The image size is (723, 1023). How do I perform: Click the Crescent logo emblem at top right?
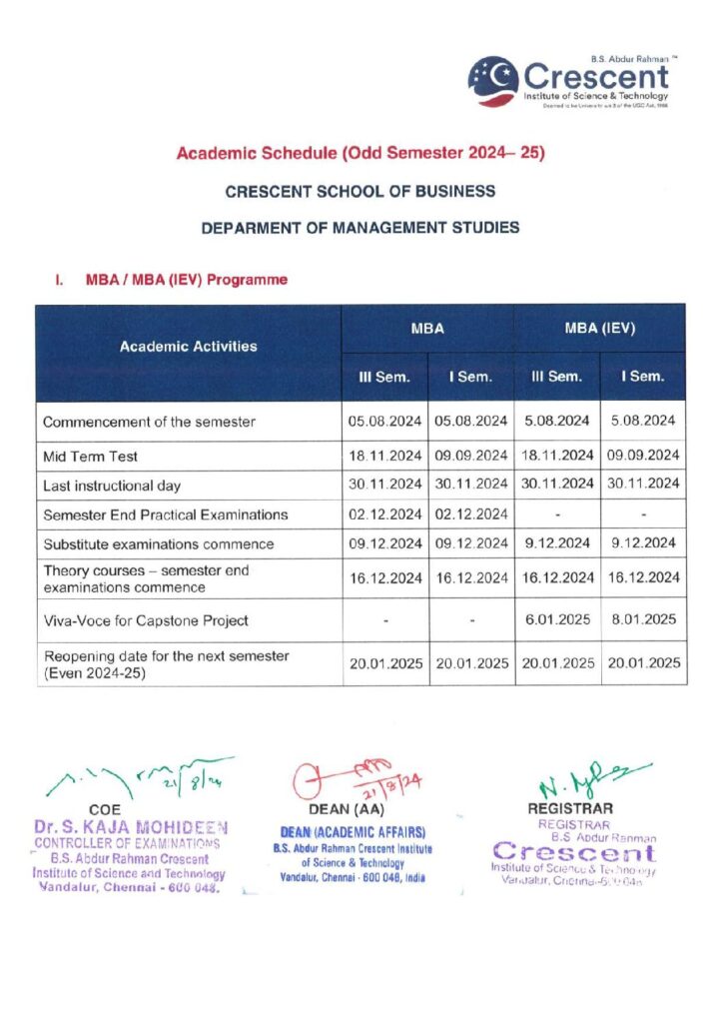coord(493,80)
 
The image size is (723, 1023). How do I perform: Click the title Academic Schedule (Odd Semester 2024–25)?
coord(361,154)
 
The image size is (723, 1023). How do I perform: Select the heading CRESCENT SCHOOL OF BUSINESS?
coord(361,191)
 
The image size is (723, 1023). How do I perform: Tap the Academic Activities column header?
coord(188,347)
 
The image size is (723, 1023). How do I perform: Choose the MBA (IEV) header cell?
coord(600,328)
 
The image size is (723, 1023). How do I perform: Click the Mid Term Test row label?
coord(90,457)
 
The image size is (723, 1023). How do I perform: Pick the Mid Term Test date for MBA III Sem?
coord(384,457)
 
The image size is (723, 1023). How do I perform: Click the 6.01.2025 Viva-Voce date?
coord(557,620)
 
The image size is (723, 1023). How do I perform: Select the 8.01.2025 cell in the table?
coord(643,620)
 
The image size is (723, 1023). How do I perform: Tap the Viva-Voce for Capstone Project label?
coord(146,620)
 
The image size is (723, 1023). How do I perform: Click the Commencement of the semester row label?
coord(149,422)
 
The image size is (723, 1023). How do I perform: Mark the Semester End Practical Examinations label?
coord(165,514)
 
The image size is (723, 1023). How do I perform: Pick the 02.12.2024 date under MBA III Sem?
coord(384,514)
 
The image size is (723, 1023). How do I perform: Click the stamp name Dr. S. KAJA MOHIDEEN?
coord(130,827)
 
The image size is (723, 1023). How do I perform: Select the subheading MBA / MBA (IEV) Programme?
coord(187,280)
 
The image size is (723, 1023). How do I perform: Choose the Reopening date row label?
coord(166,662)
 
